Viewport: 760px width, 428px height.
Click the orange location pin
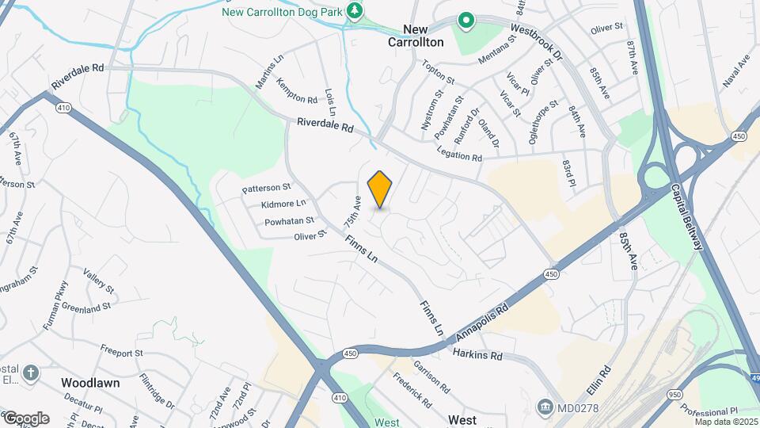click(x=380, y=189)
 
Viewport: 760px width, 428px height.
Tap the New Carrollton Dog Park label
click(x=283, y=12)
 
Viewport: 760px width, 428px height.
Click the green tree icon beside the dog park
click(x=356, y=10)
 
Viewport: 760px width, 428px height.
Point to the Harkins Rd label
click(x=477, y=355)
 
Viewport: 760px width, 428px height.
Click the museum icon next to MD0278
click(x=545, y=407)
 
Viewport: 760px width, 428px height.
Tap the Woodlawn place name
click(x=90, y=382)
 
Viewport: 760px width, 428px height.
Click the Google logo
click(x=25, y=418)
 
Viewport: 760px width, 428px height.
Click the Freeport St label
click(x=121, y=351)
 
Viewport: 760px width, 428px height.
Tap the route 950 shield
click(x=674, y=394)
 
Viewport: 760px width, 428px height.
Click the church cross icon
click(x=30, y=373)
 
